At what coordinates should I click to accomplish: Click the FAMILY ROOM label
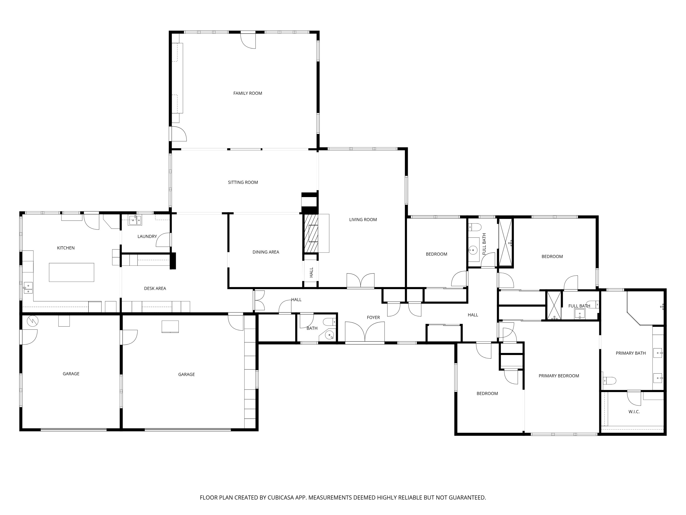(x=247, y=93)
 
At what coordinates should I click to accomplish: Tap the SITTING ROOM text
(x=243, y=182)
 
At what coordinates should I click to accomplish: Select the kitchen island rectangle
(x=71, y=272)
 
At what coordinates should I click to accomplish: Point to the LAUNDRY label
(x=147, y=236)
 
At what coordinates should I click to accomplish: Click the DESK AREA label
(x=155, y=288)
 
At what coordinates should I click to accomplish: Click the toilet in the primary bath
(x=609, y=380)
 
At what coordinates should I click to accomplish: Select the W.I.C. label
(x=634, y=412)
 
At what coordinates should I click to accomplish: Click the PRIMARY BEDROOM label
(x=559, y=376)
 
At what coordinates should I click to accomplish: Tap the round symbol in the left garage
(x=32, y=321)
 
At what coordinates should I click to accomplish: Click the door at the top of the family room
(x=248, y=40)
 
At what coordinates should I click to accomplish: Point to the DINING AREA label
(x=265, y=252)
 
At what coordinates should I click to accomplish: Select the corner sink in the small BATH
(x=330, y=336)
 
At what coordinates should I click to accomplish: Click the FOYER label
(x=373, y=317)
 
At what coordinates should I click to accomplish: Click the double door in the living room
(x=360, y=281)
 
